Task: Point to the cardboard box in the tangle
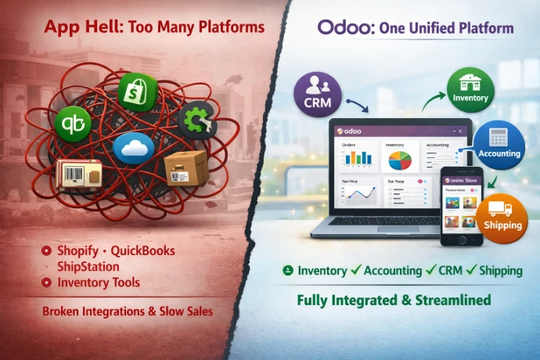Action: click(186, 168)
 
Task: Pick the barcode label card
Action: click(79, 174)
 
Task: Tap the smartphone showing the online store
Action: click(463, 206)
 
